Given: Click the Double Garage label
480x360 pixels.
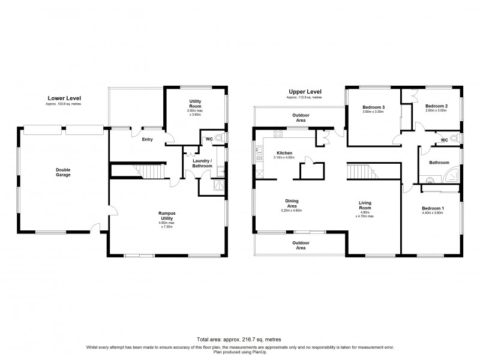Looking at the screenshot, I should coord(63,172).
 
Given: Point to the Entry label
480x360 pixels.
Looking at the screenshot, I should coord(148,140).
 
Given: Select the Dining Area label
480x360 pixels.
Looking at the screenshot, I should coord(292,203).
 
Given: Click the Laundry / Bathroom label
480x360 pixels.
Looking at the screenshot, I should coord(202,163).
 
